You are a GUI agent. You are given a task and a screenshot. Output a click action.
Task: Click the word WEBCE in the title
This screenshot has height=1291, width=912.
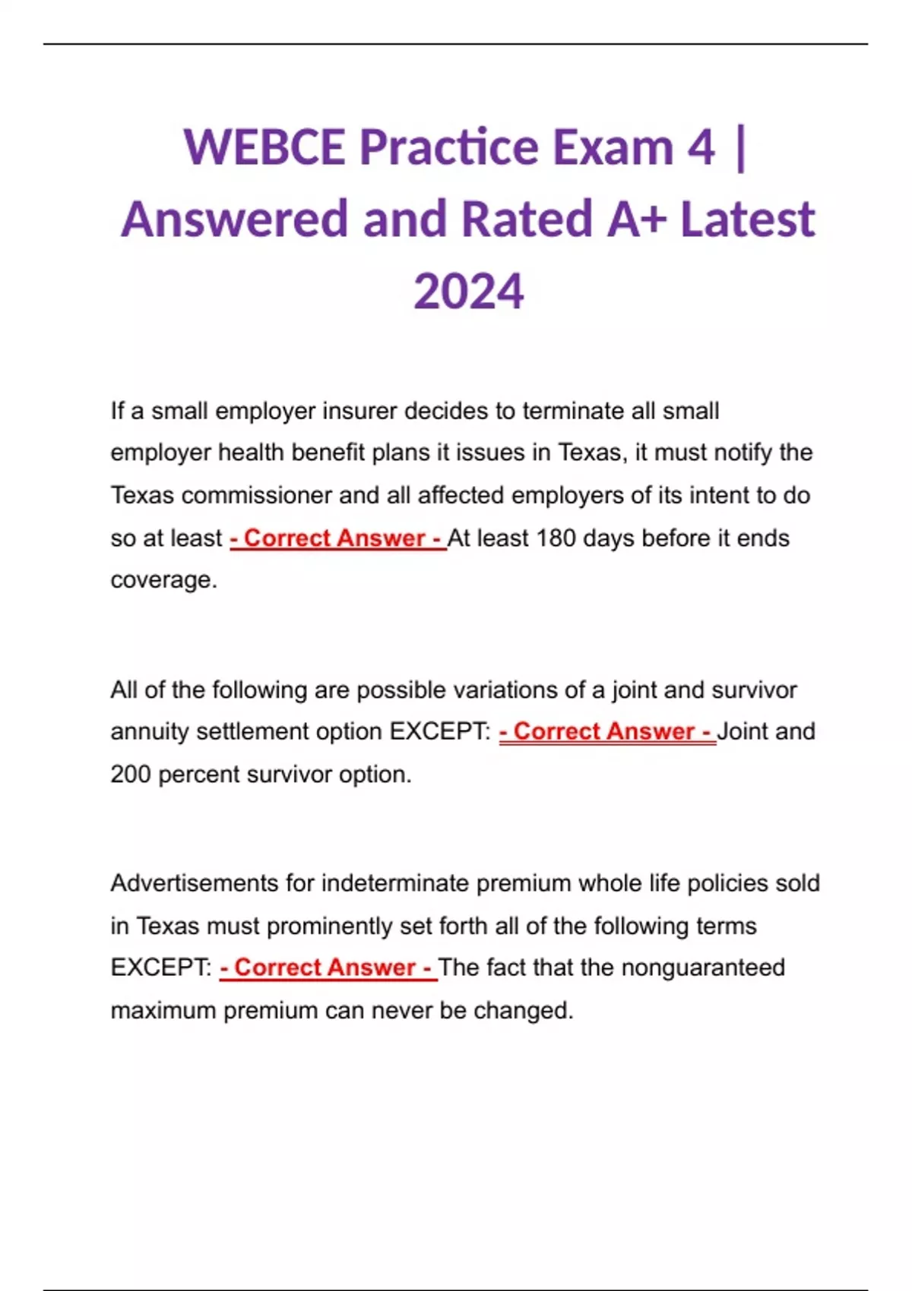pos(264,147)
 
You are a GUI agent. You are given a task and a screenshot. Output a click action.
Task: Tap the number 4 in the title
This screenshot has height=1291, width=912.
pos(701,147)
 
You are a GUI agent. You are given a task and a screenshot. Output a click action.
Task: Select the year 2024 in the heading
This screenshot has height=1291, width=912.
pos(469,292)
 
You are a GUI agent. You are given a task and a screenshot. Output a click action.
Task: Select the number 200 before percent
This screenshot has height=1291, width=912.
pos(131,775)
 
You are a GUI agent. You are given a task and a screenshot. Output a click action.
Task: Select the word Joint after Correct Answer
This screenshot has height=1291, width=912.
pos(743,731)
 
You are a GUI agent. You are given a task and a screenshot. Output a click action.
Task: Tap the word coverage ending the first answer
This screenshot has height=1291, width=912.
pos(163,580)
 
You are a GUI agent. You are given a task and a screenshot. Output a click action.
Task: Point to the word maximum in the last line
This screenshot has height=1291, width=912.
pos(163,1011)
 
